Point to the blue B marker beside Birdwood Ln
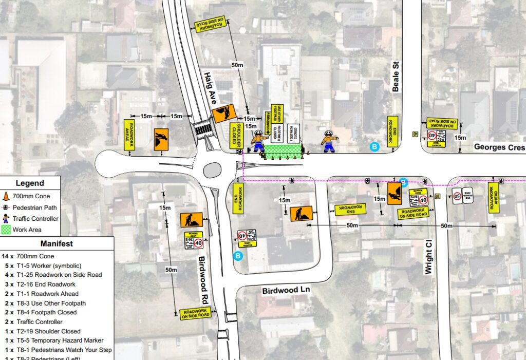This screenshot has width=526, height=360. pyautogui.click(x=238, y=256)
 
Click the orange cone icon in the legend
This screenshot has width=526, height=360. pyautogui.click(x=6, y=196)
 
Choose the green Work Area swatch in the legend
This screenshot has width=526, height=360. pyautogui.click(x=6, y=230)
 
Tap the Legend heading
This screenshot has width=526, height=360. pyautogui.click(x=30, y=183)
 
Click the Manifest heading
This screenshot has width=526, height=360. pyautogui.click(x=57, y=244)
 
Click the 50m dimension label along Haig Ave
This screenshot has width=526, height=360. pyautogui.click(x=237, y=65)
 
